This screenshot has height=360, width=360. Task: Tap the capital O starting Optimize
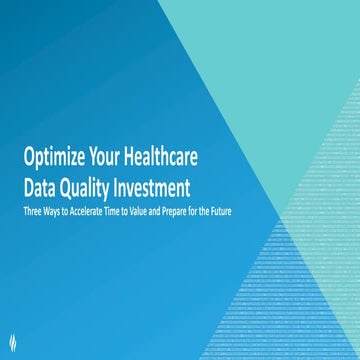[x=31, y=156]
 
